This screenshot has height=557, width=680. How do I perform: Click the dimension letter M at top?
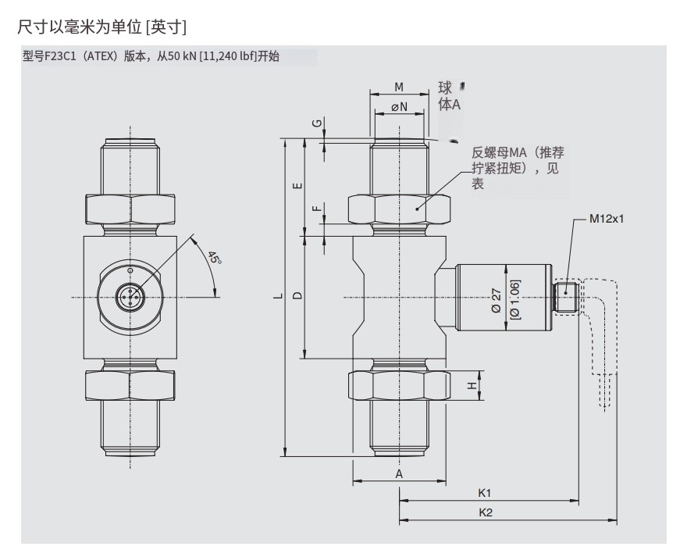tap(398, 87)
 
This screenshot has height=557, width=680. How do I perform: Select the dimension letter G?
tap(316, 125)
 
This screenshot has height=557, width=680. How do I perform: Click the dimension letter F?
tap(315, 209)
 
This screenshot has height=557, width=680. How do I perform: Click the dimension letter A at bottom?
tap(398, 474)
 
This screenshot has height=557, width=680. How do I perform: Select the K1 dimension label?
tap(485, 493)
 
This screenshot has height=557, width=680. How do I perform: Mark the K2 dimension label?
tap(485, 512)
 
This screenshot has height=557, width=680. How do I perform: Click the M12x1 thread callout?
tap(607, 219)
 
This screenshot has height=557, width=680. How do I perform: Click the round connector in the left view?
tap(130, 296)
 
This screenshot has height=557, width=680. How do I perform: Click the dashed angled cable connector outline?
tap(601, 328)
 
